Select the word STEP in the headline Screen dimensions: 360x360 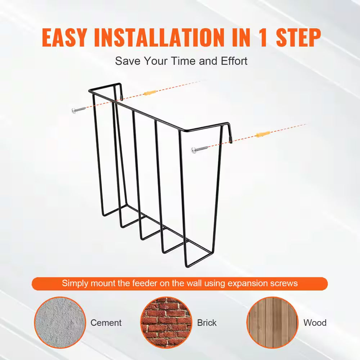[298, 37]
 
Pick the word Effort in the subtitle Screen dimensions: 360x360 [234, 61]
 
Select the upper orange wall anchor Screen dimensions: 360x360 [149, 93]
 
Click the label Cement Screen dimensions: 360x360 [106, 323]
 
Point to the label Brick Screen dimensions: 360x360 [207, 323]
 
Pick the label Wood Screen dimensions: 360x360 [315, 323]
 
